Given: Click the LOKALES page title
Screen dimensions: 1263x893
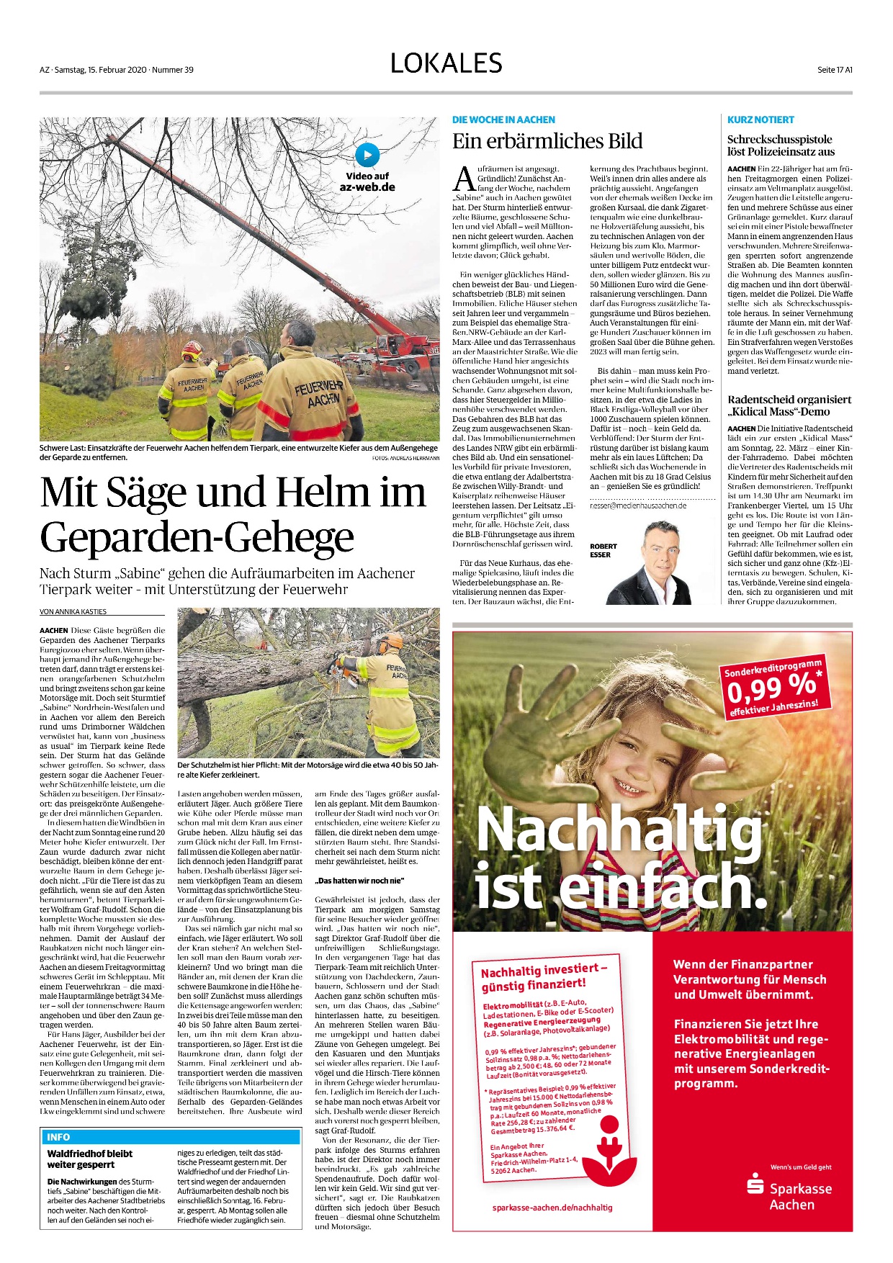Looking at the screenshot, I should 446,63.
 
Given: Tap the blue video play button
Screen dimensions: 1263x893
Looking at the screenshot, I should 367,155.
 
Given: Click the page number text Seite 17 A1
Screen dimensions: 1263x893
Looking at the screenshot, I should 835,70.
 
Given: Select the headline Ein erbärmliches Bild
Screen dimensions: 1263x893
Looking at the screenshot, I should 547,141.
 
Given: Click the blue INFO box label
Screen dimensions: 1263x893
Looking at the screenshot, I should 58,1137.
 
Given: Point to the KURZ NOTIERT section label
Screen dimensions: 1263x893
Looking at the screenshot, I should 760,120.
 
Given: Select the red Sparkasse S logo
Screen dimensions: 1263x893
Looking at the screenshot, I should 755,1183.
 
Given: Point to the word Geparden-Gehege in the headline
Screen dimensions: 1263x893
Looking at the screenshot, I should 197,537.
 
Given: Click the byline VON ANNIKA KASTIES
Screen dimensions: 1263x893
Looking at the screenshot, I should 73,611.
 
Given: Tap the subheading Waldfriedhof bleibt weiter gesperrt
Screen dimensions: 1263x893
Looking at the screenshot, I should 90,1159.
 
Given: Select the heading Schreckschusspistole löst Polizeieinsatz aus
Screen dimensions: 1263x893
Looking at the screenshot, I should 781,145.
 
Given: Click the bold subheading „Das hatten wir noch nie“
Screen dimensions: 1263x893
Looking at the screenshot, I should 359,881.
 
